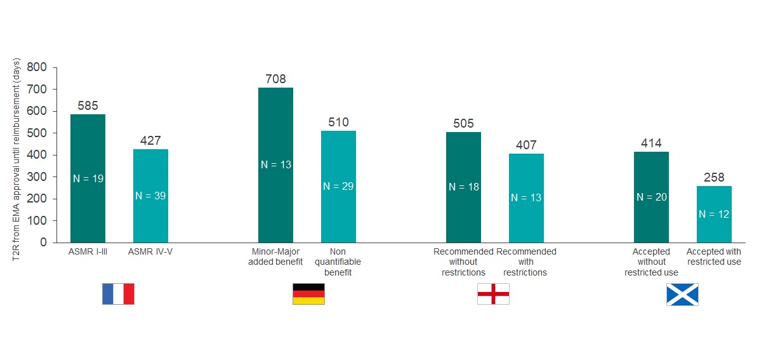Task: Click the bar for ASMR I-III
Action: (x=88, y=178)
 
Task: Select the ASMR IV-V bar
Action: (x=150, y=196)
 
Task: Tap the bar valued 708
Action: (x=275, y=165)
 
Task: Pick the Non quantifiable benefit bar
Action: (x=338, y=186)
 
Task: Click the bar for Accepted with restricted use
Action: (x=714, y=214)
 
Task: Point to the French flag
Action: (x=118, y=294)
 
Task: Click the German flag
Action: (x=308, y=294)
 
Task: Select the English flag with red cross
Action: (x=493, y=294)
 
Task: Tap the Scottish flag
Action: (x=682, y=295)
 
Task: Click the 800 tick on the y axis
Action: (x=39, y=67)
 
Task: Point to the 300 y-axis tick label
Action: (x=39, y=177)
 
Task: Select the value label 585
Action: (x=88, y=106)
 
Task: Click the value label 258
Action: (x=714, y=178)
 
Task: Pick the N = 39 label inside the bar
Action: (x=150, y=196)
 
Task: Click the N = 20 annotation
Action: (x=651, y=197)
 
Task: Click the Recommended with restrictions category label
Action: (x=526, y=262)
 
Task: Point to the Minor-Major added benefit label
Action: (x=275, y=257)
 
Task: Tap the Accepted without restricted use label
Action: (x=651, y=262)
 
